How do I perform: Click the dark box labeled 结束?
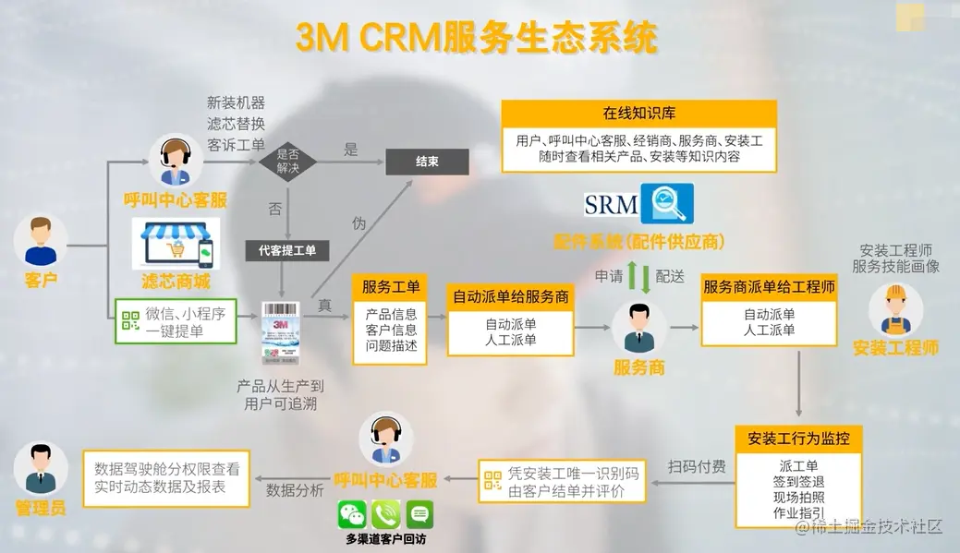click(x=427, y=162)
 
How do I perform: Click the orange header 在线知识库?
click(x=639, y=114)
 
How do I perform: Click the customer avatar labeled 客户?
click(x=41, y=241)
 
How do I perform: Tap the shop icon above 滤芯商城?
click(x=176, y=244)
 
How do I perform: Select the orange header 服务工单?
click(x=391, y=287)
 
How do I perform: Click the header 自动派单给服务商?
click(x=510, y=297)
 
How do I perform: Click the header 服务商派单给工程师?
click(x=770, y=287)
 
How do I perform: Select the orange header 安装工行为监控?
click(x=798, y=438)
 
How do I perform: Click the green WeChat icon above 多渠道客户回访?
click(x=352, y=514)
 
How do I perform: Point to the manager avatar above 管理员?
click(x=41, y=467)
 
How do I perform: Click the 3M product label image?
click(x=281, y=332)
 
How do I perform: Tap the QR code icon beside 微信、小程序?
click(x=130, y=320)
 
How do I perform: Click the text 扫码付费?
click(x=697, y=467)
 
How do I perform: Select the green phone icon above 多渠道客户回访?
click(x=386, y=514)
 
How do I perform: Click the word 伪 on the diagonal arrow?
click(x=358, y=222)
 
